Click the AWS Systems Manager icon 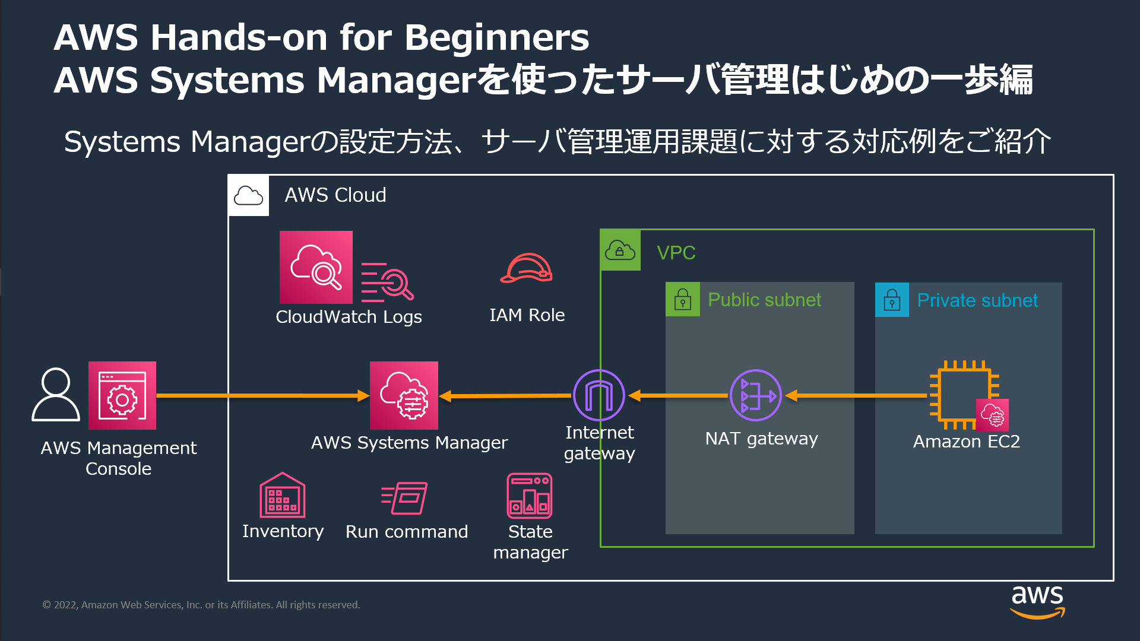[404, 395]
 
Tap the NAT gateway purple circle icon [755, 395]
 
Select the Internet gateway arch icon [598, 395]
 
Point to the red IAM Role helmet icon [526, 268]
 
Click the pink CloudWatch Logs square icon [316, 267]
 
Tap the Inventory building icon [282, 496]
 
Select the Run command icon [405, 498]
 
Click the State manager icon [529, 496]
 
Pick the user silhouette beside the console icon [56, 395]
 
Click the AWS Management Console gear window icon [122, 395]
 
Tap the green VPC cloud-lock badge [620, 250]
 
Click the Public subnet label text [764, 300]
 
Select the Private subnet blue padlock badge [892, 300]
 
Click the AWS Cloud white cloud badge [248, 195]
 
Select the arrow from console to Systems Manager [261, 395]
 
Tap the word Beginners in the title [496, 37]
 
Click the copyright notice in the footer [201, 605]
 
